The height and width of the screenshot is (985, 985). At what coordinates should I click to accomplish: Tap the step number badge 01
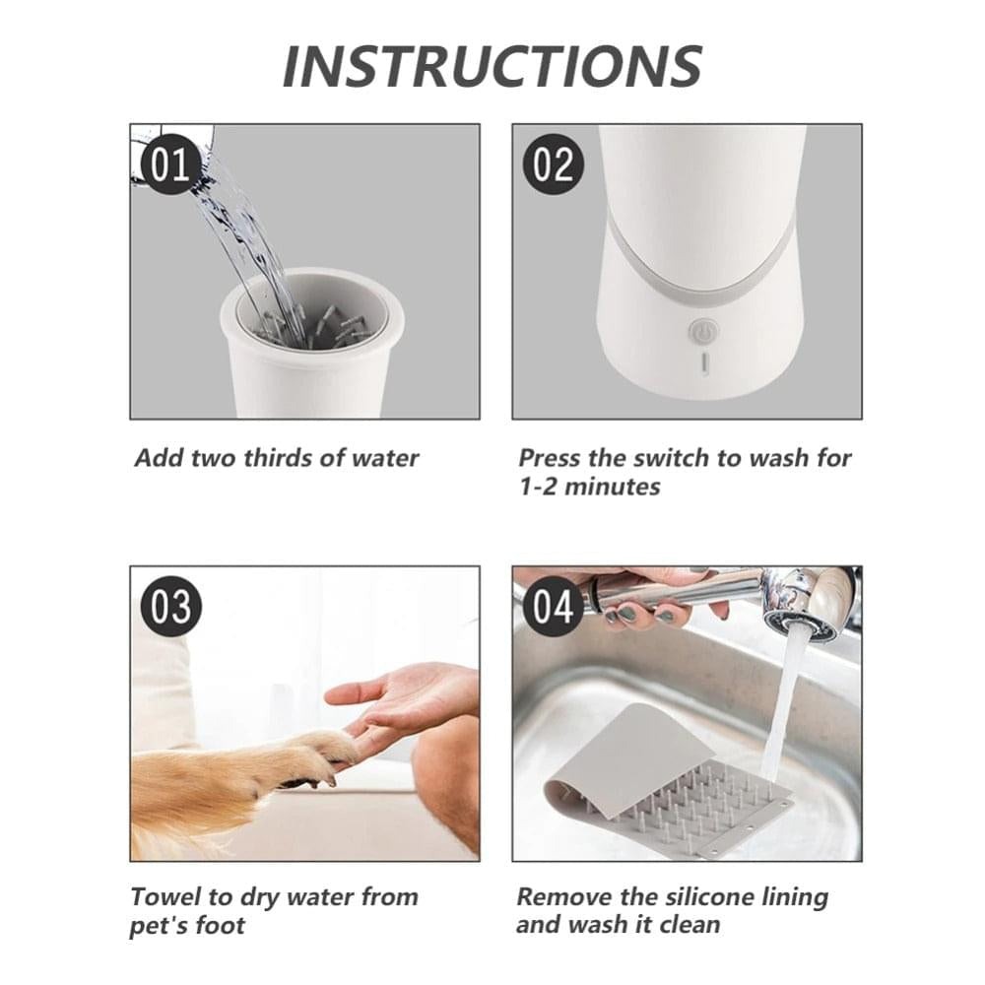(168, 165)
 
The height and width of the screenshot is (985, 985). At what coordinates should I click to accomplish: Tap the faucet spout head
(808, 611)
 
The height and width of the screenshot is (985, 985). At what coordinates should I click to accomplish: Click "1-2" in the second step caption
(540, 487)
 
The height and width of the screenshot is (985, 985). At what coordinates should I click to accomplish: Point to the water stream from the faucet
(783, 709)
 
